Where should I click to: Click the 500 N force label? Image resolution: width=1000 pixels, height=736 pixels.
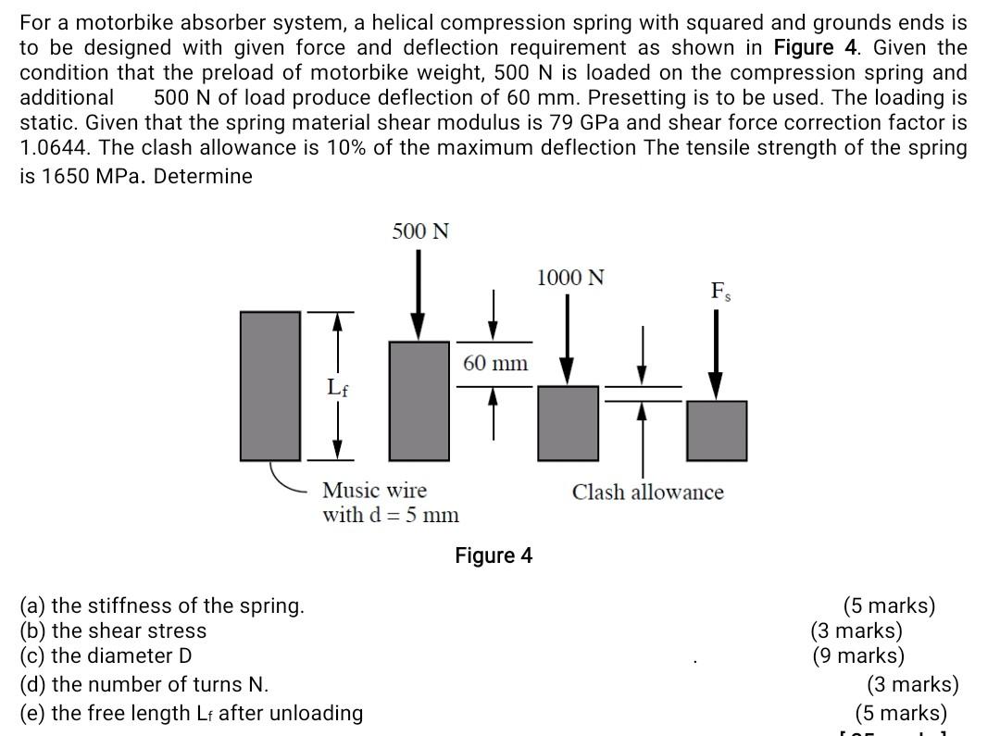pyautogui.click(x=420, y=231)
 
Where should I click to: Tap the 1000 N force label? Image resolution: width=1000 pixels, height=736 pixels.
pyautogui.click(x=570, y=277)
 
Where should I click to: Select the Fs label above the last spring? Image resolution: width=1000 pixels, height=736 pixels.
pyautogui.click(x=719, y=291)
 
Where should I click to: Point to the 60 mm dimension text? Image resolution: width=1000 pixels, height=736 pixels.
pyautogui.click(x=495, y=363)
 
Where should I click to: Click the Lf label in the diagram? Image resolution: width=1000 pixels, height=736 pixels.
pyautogui.click(x=338, y=388)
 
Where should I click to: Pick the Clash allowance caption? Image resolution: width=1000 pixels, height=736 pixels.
pyautogui.click(x=647, y=492)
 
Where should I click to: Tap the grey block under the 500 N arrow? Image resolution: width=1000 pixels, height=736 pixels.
pyautogui.click(x=419, y=400)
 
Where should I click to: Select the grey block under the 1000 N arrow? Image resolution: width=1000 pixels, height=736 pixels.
pyautogui.click(x=569, y=422)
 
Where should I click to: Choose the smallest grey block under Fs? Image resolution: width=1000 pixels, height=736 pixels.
pyautogui.click(x=717, y=430)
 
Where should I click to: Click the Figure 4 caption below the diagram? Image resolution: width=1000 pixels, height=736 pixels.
pyautogui.click(x=494, y=555)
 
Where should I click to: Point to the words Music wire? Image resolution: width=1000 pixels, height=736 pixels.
pyautogui.click(x=374, y=490)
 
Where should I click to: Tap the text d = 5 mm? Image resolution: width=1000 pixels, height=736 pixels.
pyautogui.click(x=415, y=515)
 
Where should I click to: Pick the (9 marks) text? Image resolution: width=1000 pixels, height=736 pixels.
pyautogui.click(x=858, y=656)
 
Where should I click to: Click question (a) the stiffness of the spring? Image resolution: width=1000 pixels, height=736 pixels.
pyautogui.click(x=162, y=605)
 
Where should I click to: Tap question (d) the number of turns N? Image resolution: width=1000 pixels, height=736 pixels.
pyautogui.click(x=144, y=684)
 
